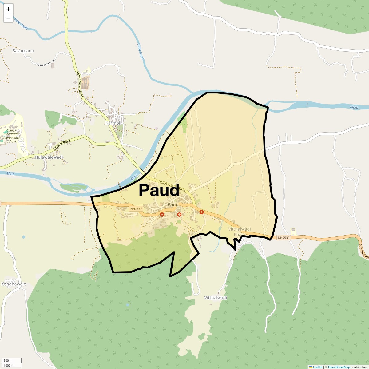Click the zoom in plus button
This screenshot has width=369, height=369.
tap(8, 9)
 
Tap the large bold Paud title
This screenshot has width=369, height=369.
tap(159, 190)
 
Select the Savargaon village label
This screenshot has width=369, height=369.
tap(23, 51)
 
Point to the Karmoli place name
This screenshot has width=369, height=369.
tap(113, 123)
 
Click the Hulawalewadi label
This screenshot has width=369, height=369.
tap(49, 157)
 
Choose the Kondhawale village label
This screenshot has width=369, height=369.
tap(13, 284)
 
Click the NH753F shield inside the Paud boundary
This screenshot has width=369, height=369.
tap(136, 209)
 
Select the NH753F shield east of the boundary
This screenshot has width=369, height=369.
tap(284, 238)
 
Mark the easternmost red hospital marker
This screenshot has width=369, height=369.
tap(202, 212)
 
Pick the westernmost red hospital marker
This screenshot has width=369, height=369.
tap(162, 214)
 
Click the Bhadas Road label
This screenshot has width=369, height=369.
tap(62, 145)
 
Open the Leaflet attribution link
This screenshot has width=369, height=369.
tap(318, 367)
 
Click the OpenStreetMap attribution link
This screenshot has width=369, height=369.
tap(339, 367)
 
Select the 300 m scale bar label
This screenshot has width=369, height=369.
tap(8, 361)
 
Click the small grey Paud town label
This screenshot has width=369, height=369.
tap(173, 204)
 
